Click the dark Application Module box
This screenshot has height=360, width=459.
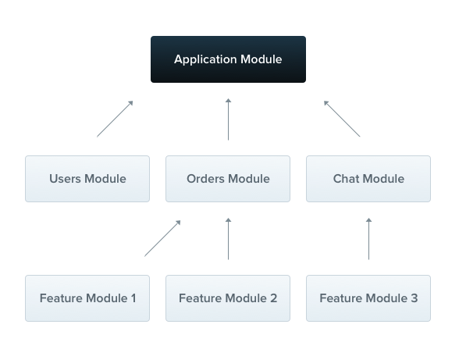click(x=228, y=59)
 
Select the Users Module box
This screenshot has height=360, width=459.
click(x=87, y=179)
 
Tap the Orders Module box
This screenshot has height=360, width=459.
click(x=228, y=179)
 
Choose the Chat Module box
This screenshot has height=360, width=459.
click(x=368, y=179)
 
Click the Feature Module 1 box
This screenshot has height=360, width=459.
click(x=87, y=298)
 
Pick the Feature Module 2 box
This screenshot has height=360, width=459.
click(x=228, y=298)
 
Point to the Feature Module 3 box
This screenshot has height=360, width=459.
click(x=368, y=298)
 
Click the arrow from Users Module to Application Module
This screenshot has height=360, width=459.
click(x=115, y=119)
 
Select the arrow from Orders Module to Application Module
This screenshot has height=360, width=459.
click(x=228, y=119)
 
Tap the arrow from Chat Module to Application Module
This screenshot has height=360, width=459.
click(x=342, y=119)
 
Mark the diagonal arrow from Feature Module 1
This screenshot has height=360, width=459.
click(x=162, y=238)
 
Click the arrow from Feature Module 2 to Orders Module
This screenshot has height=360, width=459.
click(x=228, y=238)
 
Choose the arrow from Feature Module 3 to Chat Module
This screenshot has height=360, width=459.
click(x=368, y=238)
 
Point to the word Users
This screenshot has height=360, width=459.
click(x=65, y=179)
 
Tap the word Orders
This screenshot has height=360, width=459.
click(x=206, y=179)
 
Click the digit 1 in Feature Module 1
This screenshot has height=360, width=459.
click(x=133, y=298)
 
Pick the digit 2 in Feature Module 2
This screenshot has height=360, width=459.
click(x=273, y=298)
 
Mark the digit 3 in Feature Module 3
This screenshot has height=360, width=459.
click(x=414, y=298)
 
